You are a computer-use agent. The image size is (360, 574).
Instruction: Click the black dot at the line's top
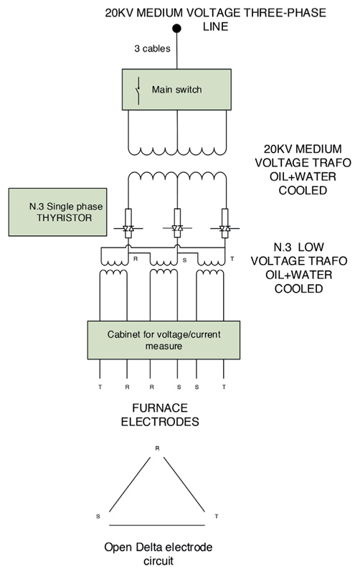point(176,28)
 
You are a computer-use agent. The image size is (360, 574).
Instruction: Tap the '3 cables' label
point(152,48)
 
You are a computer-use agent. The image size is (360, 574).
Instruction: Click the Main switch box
point(176,89)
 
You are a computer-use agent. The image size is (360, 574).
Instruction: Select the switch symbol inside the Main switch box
point(138,91)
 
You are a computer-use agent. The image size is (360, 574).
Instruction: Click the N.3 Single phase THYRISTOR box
point(58,212)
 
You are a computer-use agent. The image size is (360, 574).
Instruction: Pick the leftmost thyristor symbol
point(128,228)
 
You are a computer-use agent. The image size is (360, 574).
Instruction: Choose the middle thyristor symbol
point(177,228)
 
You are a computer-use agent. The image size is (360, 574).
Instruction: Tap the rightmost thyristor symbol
point(224,228)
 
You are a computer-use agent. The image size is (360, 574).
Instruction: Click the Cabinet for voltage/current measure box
point(164,340)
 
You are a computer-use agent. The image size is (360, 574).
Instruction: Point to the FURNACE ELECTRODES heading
point(160,415)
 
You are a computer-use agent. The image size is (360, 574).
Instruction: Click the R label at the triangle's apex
point(157,448)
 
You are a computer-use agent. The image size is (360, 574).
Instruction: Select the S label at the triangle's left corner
point(98,516)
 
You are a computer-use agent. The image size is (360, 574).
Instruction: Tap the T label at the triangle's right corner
point(217,516)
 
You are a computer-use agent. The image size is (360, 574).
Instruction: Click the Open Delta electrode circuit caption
point(158,554)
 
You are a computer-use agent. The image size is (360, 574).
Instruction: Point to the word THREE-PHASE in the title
point(285,13)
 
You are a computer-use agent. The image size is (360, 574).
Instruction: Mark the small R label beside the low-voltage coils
point(136,259)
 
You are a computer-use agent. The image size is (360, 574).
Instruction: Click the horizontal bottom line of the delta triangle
point(157,525)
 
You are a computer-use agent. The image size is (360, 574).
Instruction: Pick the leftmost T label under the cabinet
point(100,387)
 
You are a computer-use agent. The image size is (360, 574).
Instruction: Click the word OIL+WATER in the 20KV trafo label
point(303,177)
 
